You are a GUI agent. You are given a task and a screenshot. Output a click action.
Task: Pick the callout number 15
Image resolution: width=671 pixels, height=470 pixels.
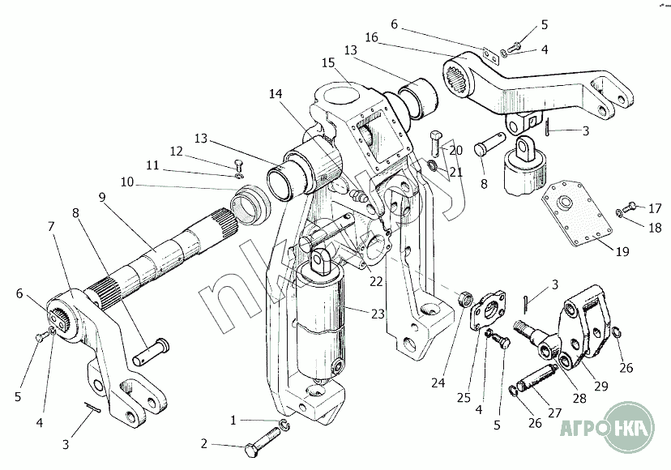327,62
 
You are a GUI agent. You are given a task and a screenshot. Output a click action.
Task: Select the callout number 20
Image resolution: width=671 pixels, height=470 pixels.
455,150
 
